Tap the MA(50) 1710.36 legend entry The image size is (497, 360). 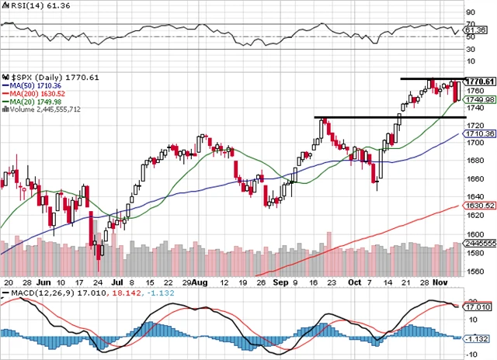coord(33,85)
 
